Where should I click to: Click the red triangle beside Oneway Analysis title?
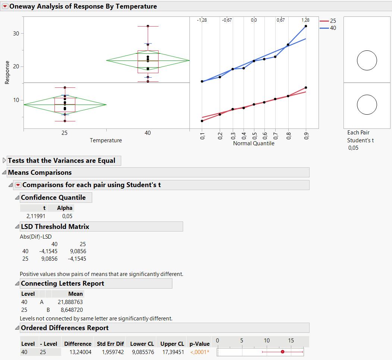coord(5,6)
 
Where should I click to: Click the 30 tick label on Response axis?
coord(16,34)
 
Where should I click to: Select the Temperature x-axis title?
coord(106,140)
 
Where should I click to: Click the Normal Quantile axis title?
coord(254,143)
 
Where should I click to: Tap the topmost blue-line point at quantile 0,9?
coord(306,26)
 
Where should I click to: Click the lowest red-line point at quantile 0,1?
coord(202,121)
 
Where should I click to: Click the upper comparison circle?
coord(367,60)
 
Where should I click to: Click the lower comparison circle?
coord(367,105)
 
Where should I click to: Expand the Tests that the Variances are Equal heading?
coord(4,161)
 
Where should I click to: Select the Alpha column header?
coord(65,208)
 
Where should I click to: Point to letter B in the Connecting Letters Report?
coord(48,310)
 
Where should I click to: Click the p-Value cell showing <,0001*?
coord(200,352)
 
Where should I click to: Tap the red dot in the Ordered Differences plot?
coord(282,352)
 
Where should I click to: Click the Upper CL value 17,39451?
coord(172,352)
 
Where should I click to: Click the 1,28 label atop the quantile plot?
coord(305,20)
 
